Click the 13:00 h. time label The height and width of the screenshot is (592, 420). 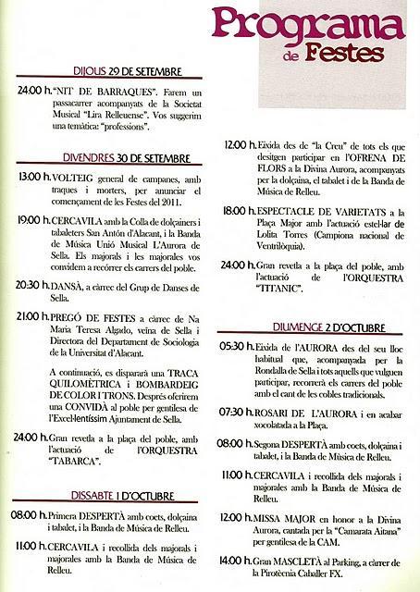[x=35, y=177]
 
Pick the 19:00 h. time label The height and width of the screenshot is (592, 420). [x=35, y=220]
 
